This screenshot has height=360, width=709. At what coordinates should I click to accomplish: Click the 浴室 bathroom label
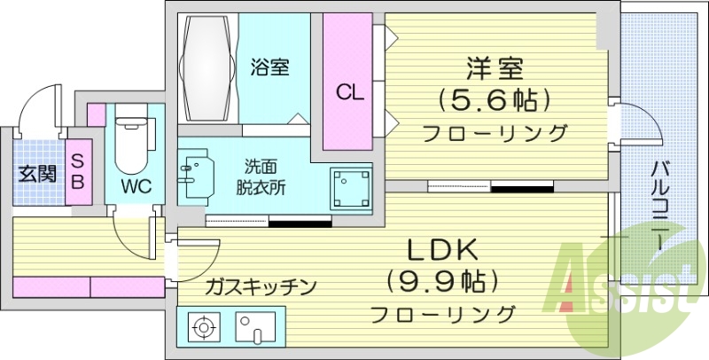coord(269,67)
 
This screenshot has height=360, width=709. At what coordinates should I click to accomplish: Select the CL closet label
coord(347,91)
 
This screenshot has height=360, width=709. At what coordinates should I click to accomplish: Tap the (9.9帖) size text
coord(441,281)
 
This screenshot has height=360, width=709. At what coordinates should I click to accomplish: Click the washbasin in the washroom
coord(199,173)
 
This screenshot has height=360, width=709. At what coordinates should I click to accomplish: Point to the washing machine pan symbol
coord(351,187)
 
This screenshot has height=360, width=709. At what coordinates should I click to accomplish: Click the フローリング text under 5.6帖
coord(494,134)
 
